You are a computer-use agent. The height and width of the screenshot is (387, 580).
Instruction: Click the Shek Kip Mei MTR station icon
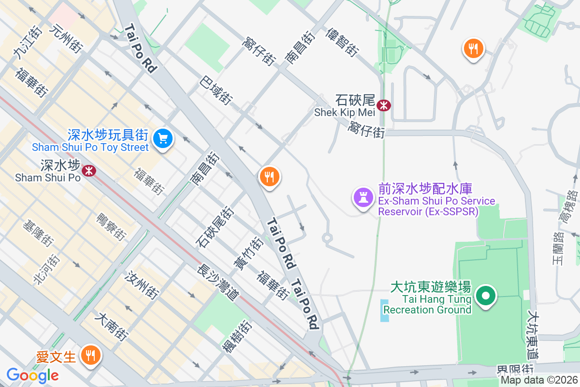coord(384,104)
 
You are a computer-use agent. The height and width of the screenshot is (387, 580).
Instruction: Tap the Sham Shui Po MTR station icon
coord(88,170)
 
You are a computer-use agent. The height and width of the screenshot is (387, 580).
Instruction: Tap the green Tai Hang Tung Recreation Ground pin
coord(486,296)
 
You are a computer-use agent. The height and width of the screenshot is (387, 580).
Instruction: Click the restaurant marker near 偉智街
coord(473,48)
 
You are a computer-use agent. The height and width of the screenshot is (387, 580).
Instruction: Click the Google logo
coord(32,375)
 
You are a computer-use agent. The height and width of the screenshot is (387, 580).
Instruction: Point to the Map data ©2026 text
coord(539,380)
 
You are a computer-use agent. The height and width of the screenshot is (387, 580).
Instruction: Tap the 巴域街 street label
coord(215,89)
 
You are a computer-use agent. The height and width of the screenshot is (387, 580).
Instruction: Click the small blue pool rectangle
coord(384,311)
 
